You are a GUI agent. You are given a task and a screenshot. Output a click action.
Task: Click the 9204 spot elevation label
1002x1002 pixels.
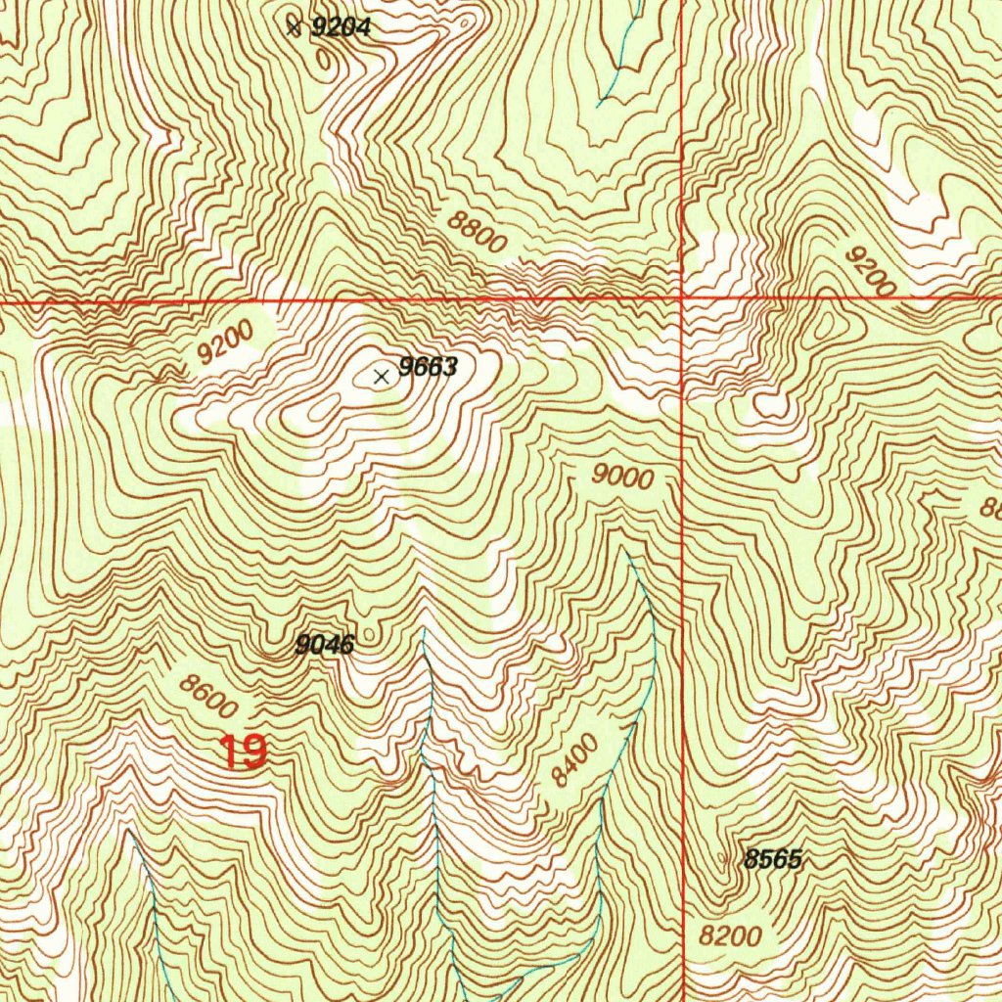[x=341, y=28]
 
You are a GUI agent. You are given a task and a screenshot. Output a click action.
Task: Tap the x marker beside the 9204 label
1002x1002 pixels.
[x=294, y=27]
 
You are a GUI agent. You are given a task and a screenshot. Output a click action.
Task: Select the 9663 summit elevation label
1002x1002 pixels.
[x=429, y=368]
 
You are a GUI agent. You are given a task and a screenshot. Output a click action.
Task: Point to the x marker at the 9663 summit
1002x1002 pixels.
[x=382, y=376]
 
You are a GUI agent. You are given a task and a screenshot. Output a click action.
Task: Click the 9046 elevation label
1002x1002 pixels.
[x=324, y=644]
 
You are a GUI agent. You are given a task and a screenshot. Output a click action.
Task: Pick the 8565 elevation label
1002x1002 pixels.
[x=773, y=860]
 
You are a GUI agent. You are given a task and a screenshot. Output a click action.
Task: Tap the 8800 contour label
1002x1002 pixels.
[x=478, y=233]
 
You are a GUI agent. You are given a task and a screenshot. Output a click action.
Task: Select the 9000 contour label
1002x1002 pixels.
[x=622, y=478]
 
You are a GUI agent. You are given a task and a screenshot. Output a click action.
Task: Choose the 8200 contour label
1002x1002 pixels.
[x=730, y=935]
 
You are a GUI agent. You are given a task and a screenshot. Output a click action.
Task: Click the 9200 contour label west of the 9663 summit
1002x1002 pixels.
[x=224, y=343]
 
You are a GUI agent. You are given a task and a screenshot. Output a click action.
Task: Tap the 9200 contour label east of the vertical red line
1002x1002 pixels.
[x=870, y=271]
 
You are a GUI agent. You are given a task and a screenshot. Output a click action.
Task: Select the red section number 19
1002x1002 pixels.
[x=242, y=752]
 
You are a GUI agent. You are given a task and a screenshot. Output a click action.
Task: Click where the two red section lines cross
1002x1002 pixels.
[x=682, y=296]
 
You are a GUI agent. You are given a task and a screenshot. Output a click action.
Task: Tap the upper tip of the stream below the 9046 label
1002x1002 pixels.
[x=423, y=631]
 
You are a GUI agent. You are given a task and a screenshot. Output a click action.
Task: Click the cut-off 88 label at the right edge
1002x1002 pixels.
[x=990, y=508]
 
